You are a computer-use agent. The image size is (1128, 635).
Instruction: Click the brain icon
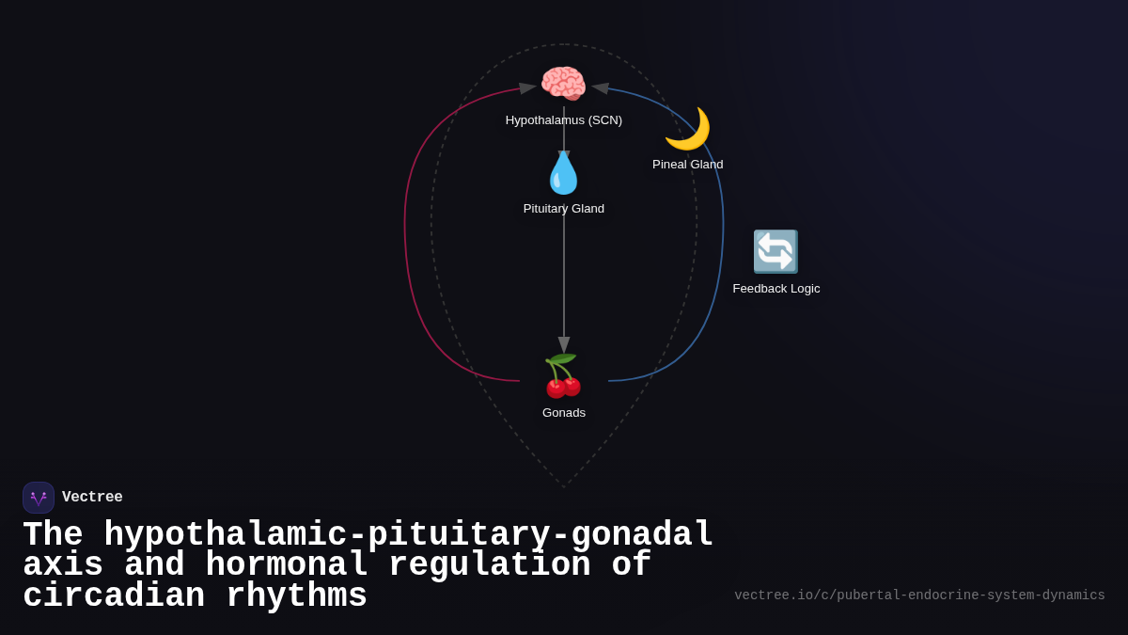(x=563, y=84)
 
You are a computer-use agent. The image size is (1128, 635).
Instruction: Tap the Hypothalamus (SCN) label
(x=564, y=120)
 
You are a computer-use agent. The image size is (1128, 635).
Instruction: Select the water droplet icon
(x=563, y=173)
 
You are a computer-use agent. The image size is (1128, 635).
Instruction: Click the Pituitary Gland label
(x=564, y=209)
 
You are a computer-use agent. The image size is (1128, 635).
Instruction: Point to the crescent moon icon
(x=687, y=129)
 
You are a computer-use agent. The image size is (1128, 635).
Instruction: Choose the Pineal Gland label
(x=688, y=165)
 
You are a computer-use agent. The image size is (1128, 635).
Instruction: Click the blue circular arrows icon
(x=775, y=251)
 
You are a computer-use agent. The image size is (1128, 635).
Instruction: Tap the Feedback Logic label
(x=776, y=289)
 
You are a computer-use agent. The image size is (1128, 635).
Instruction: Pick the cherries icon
(x=563, y=376)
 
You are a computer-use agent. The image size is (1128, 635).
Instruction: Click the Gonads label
(x=564, y=413)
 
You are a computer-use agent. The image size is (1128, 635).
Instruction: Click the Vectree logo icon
(x=39, y=498)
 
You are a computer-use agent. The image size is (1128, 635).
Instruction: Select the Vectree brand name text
(x=92, y=498)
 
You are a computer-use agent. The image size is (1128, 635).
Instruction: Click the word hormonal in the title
(x=287, y=565)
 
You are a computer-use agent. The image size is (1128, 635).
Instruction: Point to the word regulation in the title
(x=489, y=565)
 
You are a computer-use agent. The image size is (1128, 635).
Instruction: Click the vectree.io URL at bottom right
(x=919, y=595)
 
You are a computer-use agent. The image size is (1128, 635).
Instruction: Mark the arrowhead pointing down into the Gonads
(x=564, y=345)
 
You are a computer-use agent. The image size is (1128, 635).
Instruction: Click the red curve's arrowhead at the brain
(x=527, y=87)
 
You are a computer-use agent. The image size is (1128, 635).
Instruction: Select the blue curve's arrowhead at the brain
(x=601, y=87)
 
